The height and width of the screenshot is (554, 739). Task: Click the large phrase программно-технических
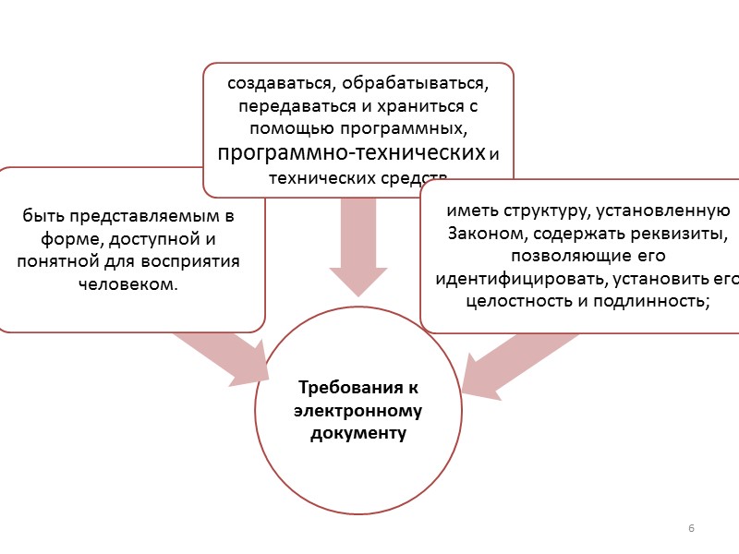pos(350,151)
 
